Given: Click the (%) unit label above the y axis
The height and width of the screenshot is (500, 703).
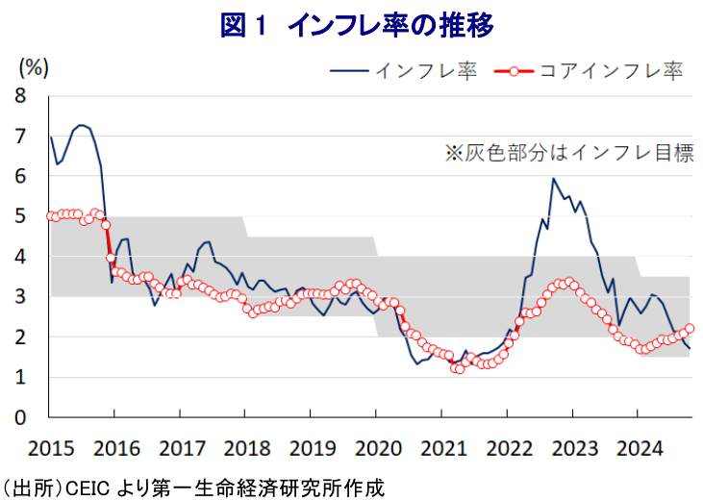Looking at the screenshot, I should (x=34, y=67).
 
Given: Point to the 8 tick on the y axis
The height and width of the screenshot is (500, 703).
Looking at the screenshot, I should (x=20, y=96).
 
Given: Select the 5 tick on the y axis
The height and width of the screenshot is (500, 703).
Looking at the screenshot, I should (x=20, y=216).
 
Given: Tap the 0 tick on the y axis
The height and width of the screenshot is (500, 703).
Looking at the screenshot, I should (x=20, y=417).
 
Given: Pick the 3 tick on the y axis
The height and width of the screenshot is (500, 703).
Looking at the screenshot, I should (x=20, y=297).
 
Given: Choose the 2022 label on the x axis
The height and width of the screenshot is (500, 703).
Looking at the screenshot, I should (x=506, y=448).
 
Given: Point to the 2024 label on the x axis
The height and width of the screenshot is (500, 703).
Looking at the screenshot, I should (x=637, y=448).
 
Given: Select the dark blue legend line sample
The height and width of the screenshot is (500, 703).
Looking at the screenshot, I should (x=349, y=70).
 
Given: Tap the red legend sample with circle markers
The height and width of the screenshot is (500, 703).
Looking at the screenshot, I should (x=516, y=70).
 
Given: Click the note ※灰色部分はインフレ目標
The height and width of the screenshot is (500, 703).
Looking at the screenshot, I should (x=568, y=152).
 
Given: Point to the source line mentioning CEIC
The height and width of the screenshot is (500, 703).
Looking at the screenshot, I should (x=192, y=487).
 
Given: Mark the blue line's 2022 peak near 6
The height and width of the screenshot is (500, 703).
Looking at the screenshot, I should (x=553, y=178).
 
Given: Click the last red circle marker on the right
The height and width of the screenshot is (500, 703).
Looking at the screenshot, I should (x=690, y=329).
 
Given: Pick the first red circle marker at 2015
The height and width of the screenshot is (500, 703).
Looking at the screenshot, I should (x=50, y=215).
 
